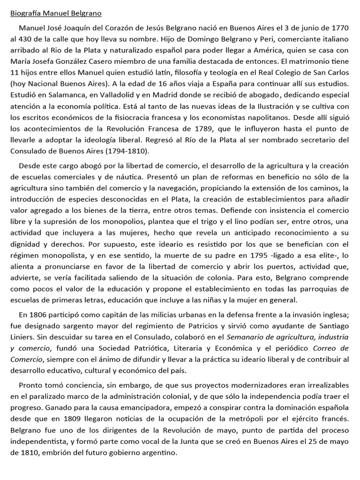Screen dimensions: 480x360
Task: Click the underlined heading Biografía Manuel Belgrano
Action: (56, 13)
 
